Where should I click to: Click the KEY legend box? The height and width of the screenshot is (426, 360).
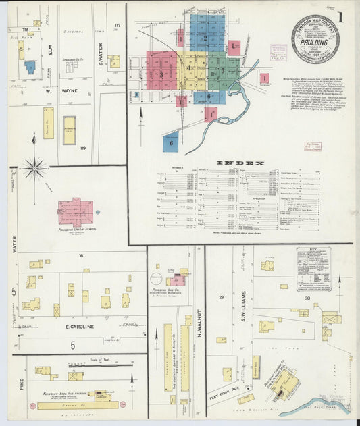click(313, 268)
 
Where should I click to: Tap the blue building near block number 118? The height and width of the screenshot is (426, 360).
click(30, 68)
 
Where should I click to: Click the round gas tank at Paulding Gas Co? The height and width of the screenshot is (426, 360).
click(155, 279)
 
